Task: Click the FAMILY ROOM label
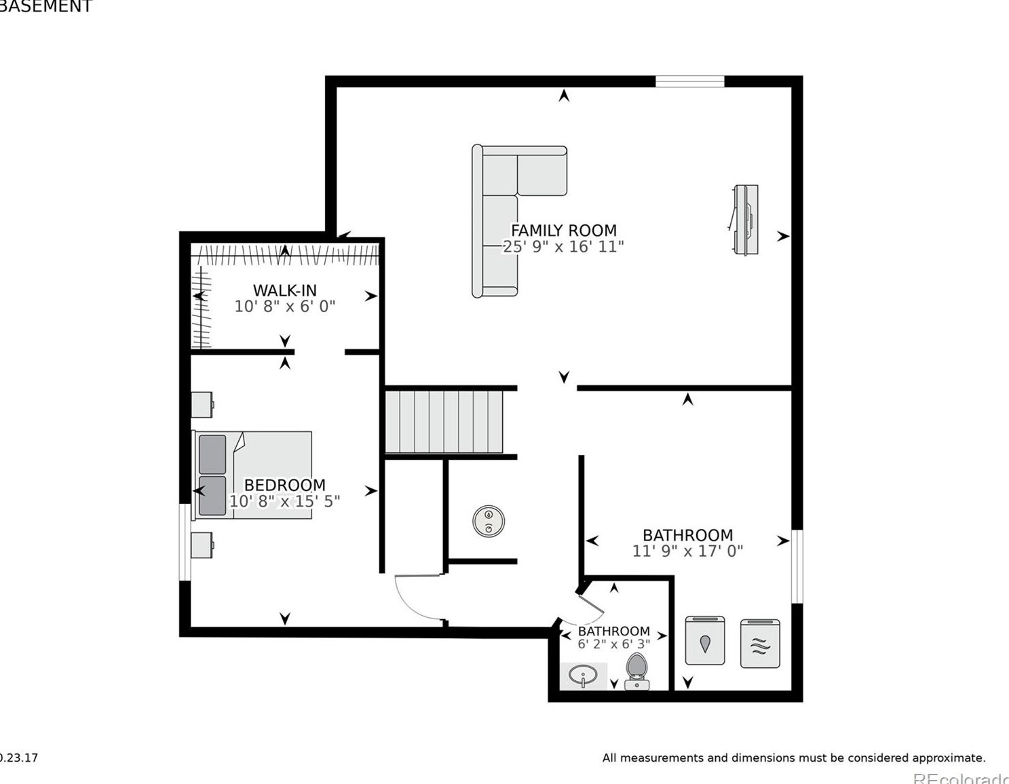563,231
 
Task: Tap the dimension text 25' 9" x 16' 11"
563,247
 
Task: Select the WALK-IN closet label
284,290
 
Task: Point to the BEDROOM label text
284,485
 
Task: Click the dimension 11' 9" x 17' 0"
687,551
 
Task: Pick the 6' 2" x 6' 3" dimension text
613,644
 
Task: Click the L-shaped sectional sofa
502,203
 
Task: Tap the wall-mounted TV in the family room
745,220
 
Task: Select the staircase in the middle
444,421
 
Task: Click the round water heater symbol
488,521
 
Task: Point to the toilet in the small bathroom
636,669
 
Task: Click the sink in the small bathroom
584,675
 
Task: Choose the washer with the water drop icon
704,641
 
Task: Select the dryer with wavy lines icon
759,644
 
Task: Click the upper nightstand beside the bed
202,405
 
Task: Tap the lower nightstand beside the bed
202,545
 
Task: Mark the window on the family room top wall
689,82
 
